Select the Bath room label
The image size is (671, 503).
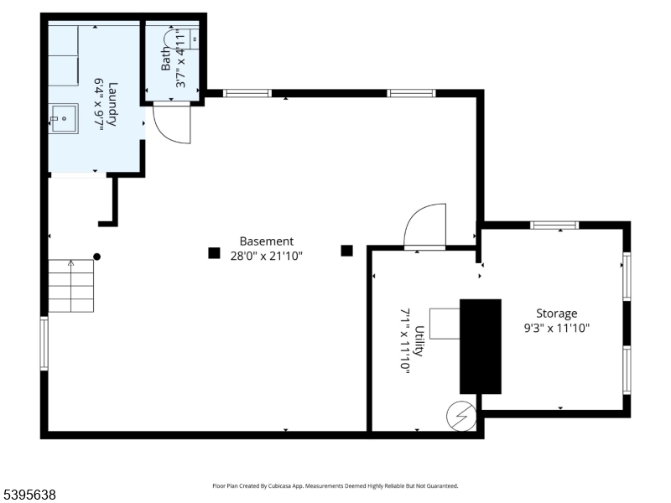[166, 58]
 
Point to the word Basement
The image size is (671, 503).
[267, 241]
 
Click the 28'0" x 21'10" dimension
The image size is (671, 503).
[267, 255]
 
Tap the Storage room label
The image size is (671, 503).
[556, 314]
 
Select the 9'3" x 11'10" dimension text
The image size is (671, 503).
[556, 328]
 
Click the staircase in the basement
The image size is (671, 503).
[70, 285]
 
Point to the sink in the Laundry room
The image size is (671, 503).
[62, 118]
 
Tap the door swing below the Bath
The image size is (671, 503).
[173, 124]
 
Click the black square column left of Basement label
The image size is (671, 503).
[215, 252]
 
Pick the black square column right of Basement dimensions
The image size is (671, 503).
[346, 250]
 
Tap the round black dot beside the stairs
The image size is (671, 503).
[97, 257]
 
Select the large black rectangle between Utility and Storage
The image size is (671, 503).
[480, 346]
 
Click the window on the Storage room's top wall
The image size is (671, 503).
[554, 225]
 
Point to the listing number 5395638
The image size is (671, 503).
[29, 495]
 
